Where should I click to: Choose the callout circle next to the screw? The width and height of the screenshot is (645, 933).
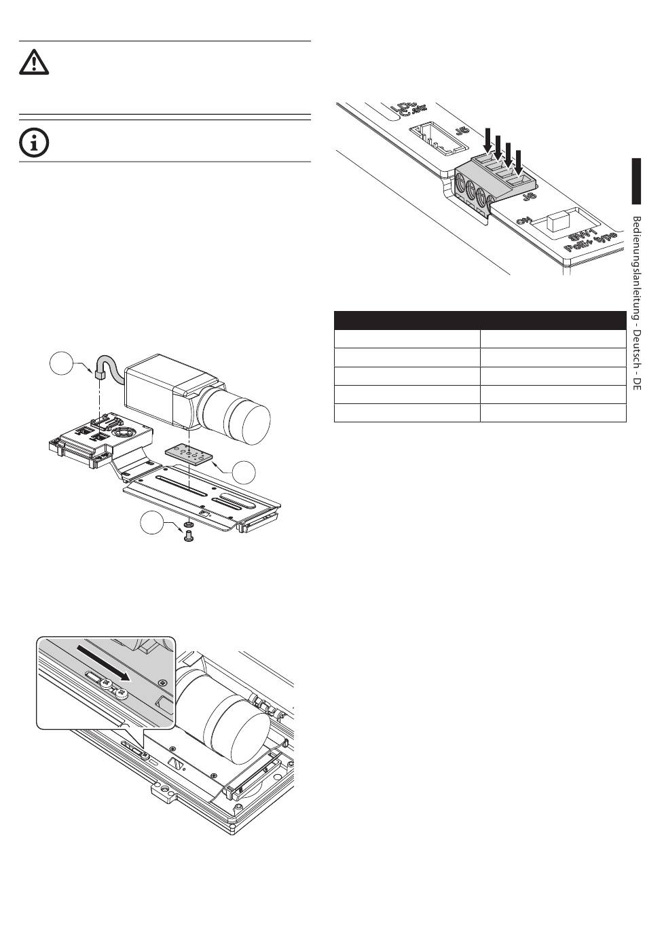(x=153, y=525)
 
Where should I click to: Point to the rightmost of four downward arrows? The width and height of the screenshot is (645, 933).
(x=519, y=162)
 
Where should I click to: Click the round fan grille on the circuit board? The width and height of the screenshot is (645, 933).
(x=125, y=431)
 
